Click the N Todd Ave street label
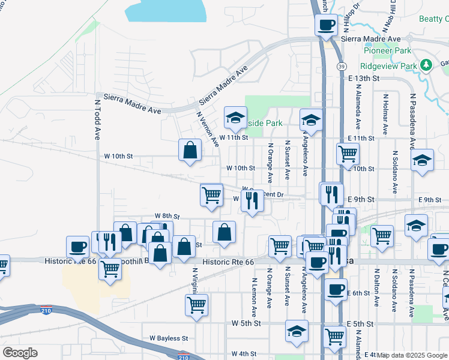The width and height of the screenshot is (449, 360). [96, 120]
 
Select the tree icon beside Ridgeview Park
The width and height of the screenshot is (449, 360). [426, 65]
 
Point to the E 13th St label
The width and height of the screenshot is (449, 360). [364, 78]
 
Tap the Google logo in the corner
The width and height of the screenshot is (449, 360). [20, 352]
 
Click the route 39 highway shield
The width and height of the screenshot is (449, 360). [340, 66]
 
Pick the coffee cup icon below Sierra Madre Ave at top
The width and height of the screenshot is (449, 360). [326, 25]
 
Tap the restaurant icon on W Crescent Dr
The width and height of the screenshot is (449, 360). [252, 200]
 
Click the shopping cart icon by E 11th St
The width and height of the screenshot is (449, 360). [348, 154]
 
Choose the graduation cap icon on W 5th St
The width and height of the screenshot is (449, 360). [297, 331]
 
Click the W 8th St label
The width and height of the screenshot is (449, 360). [167, 215]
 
